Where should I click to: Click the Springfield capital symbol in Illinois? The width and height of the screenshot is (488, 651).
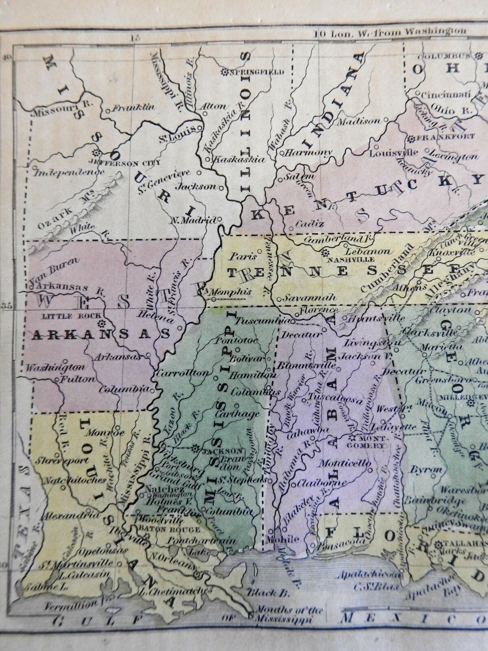pos(224,73)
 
